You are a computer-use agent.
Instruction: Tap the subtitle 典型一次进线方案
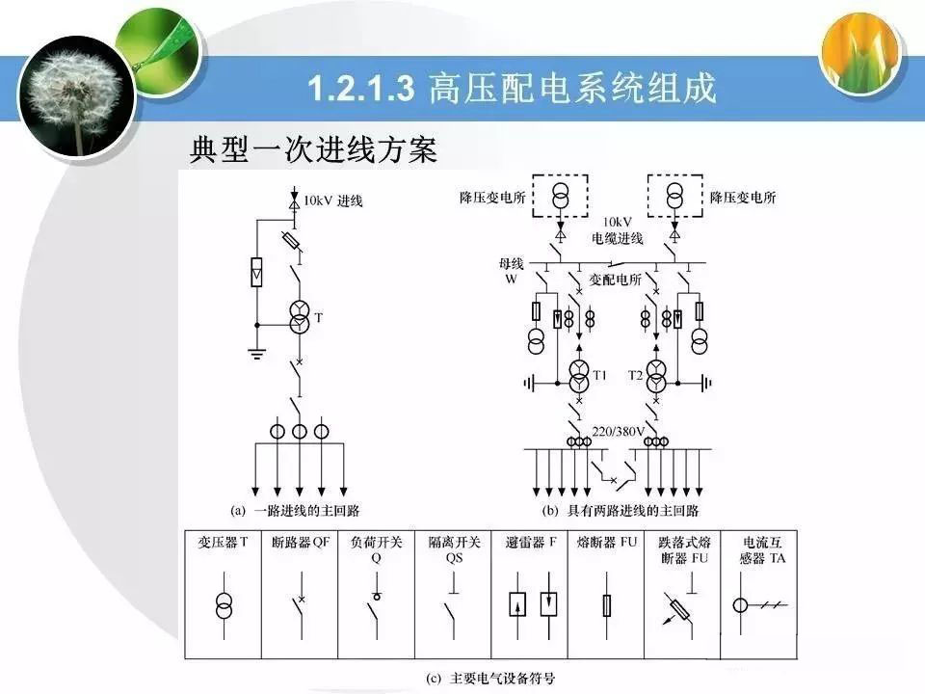[312, 149]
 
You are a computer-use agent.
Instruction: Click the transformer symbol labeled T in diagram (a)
[300, 318]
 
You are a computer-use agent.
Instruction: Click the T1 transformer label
[600, 375]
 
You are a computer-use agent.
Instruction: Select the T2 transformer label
[635, 375]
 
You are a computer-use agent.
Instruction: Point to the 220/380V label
[617, 430]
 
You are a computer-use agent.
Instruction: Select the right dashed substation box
[674, 199]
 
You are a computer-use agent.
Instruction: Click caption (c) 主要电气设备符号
[490, 677]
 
